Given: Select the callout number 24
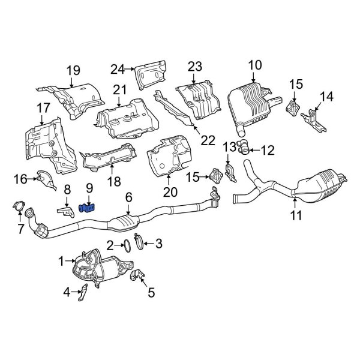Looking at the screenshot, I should [x=116, y=68].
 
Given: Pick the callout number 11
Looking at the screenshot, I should [x=296, y=215].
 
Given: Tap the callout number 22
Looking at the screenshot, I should [x=207, y=140].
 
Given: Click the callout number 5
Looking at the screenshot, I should [x=151, y=293].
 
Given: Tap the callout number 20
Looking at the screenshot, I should [x=170, y=192].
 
